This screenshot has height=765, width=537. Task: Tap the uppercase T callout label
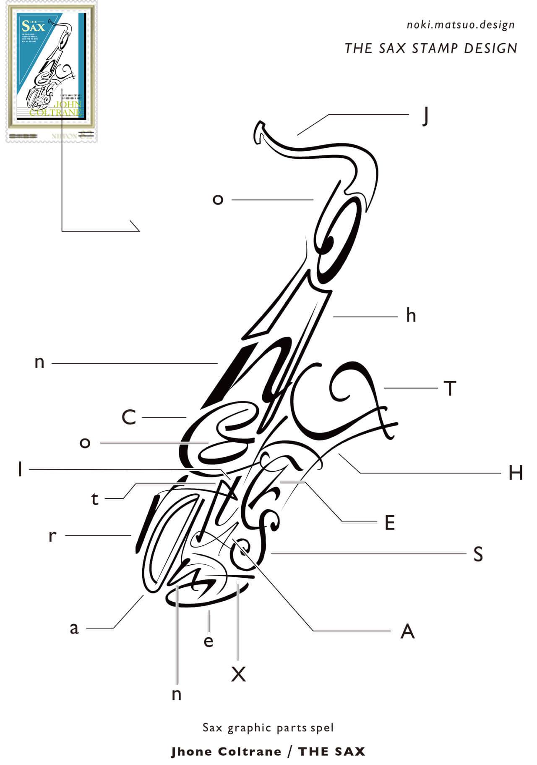click(450, 388)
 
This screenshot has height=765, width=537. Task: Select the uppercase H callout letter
click(515, 473)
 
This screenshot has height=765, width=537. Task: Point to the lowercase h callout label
click(411, 315)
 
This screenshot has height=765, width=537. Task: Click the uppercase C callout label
click(129, 417)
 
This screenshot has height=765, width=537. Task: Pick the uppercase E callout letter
click(390, 523)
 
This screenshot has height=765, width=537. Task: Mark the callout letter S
click(478, 554)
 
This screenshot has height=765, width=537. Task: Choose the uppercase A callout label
click(407, 631)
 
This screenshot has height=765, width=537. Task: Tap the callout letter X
click(238, 674)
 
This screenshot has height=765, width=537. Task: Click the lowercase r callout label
click(52, 536)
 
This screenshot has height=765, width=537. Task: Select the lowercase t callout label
click(95, 499)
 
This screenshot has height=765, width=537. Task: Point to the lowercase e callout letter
click(209, 641)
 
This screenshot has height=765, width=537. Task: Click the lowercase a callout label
click(74, 629)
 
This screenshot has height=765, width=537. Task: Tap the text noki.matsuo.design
click(460, 25)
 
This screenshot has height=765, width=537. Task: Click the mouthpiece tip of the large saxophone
click(259, 131)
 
